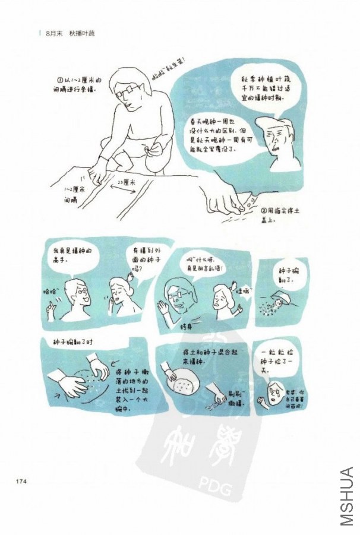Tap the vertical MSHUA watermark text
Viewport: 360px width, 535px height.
[348, 496]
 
